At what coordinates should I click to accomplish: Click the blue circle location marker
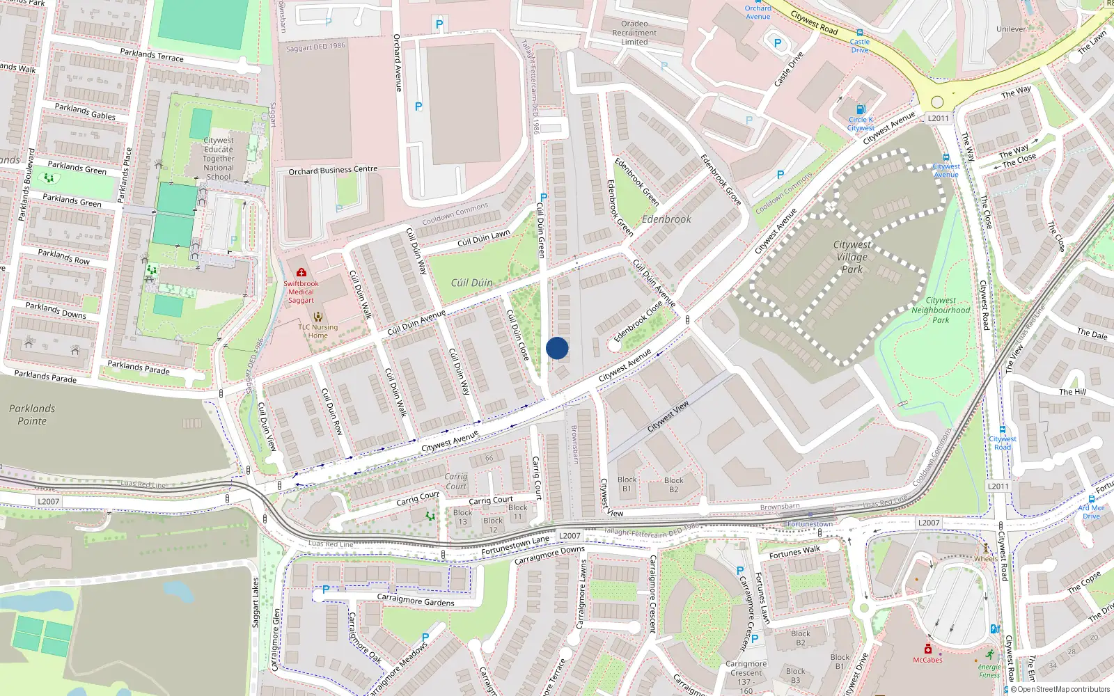click(557, 348)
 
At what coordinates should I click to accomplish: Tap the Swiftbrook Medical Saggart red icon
click(301, 272)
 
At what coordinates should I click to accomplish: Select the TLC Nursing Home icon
click(318, 317)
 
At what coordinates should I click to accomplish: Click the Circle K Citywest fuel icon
click(861, 109)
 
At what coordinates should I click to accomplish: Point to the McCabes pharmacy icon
click(927, 649)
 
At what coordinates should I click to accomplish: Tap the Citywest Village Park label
click(852, 257)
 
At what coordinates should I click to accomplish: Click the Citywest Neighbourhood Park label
click(941, 310)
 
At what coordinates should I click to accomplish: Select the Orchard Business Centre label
click(333, 170)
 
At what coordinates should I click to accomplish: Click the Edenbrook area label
click(666, 219)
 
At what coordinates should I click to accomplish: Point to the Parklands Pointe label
click(32, 415)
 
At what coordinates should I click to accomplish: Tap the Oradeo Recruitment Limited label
click(634, 33)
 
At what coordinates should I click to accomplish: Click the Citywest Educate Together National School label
click(219, 159)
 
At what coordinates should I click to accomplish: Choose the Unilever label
click(1011, 29)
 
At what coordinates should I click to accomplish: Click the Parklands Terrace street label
click(152, 56)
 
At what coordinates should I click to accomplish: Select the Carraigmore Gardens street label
click(416, 601)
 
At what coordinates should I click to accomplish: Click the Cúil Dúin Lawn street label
click(483, 239)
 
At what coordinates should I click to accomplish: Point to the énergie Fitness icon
click(990, 655)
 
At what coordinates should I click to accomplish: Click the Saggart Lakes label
click(256, 603)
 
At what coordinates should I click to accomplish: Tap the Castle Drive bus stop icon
click(860, 33)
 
